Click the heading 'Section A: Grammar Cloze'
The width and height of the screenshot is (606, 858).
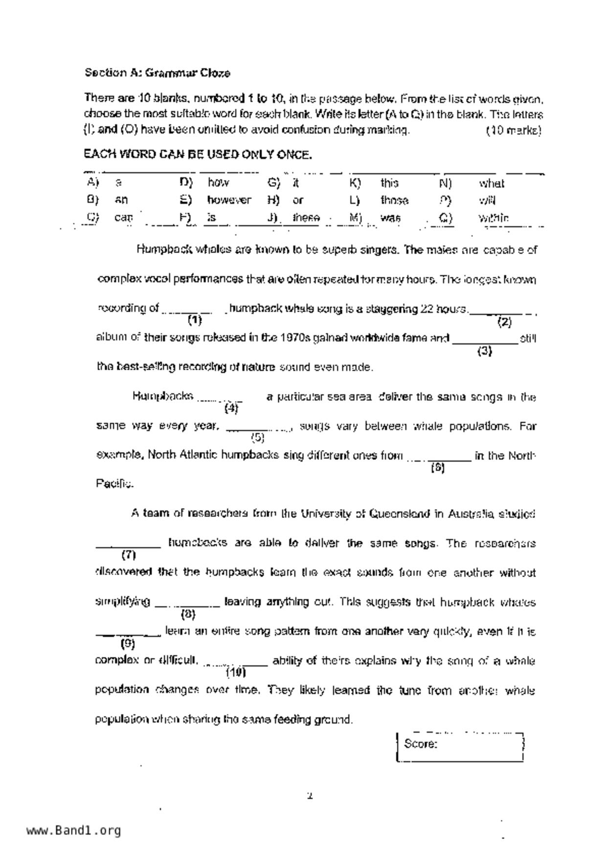pos(157,73)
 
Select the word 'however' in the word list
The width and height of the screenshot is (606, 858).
pos(228,200)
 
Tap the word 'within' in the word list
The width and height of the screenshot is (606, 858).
pos(494,218)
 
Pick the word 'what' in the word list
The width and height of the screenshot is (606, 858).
pos(491,183)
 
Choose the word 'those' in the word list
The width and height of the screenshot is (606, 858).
pos(394,201)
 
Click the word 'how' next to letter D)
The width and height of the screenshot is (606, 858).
pos(218,183)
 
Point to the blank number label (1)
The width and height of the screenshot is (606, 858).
pos(194,320)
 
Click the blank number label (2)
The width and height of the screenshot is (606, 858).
pos(504,322)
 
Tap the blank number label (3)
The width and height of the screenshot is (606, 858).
pos(484,351)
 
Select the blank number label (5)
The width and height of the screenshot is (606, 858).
pos(257,437)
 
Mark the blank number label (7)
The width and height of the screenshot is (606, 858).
pos(128,555)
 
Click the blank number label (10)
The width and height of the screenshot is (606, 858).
pos(235,672)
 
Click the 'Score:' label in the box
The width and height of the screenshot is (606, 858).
pos(420,744)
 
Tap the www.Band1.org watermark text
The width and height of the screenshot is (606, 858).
pos(74,830)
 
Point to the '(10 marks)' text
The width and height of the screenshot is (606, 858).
pos(514,131)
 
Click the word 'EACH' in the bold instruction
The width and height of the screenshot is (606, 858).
pos(98,155)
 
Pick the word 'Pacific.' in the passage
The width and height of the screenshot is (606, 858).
pos(114,484)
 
